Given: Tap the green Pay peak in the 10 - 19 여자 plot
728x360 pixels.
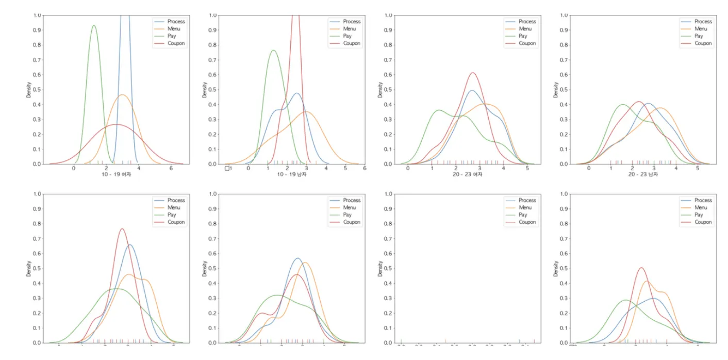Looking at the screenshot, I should click(x=93, y=26).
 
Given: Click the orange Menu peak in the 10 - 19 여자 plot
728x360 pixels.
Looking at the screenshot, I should click(x=122, y=95).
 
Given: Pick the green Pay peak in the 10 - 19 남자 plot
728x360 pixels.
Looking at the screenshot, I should click(x=273, y=51).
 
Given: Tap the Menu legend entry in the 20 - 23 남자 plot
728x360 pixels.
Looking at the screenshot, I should click(x=699, y=29).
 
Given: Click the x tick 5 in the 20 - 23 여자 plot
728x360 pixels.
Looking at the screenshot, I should click(x=527, y=168).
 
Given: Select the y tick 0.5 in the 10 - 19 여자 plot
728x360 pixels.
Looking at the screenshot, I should click(x=37, y=90).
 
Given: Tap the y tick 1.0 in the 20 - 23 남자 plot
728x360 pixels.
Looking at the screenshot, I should click(x=564, y=15).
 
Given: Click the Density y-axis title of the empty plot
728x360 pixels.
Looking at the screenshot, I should click(x=380, y=268).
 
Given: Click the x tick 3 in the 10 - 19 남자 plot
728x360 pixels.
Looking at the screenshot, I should click(x=306, y=168).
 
